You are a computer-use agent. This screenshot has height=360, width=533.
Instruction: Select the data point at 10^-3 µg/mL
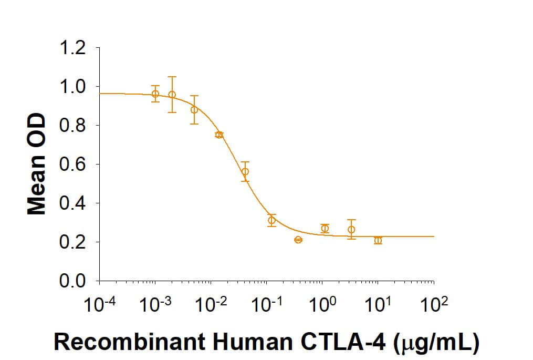coord(155,94)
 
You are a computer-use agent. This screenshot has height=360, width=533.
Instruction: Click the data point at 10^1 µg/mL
coord(378,240)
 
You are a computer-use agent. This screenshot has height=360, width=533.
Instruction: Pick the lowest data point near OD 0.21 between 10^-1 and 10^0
coord(298,240)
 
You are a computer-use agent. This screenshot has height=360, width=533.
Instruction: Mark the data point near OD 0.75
coord(219,135)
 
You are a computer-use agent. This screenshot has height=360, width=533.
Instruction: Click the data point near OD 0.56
coord(245,171)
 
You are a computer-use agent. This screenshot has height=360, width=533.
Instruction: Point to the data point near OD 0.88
coord(194,110)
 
